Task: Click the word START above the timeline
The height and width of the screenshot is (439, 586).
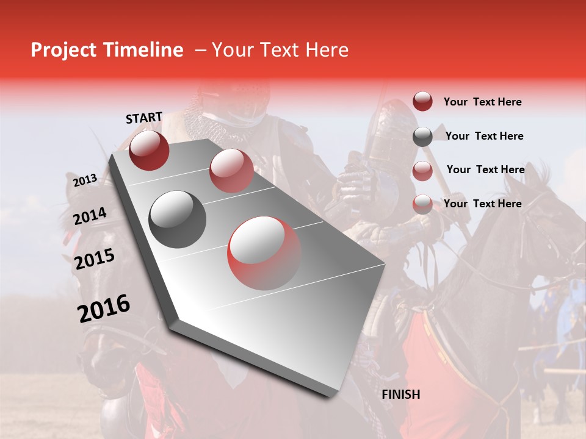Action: point(144,118)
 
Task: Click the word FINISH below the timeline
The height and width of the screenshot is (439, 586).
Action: point(400,394)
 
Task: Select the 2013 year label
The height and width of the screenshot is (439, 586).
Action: point(85,180)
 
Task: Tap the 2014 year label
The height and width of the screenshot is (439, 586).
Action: point(90,216)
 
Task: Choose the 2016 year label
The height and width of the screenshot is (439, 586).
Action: point(104,308)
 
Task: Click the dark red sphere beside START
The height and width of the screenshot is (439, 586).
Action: point(149,150)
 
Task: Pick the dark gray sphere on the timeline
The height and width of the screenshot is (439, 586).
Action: point(178,219)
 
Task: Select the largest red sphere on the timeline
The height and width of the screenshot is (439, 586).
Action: point(264,253)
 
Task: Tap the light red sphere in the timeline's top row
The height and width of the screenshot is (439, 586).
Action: point(231,170)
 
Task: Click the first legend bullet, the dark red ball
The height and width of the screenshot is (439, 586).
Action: point(422,101)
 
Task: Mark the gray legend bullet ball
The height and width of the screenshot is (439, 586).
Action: point(422,137)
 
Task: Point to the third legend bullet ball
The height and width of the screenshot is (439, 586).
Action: point(422,171)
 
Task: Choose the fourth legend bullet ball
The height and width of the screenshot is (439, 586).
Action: point(422,204)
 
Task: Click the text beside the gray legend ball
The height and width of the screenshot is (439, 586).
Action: point(484,136)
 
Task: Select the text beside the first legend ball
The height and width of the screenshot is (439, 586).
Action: point(482,102)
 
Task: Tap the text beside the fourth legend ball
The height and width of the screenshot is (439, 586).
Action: point(482,204)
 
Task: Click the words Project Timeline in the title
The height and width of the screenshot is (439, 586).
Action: point(107,50)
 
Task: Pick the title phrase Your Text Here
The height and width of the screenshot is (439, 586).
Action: point(280,50)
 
